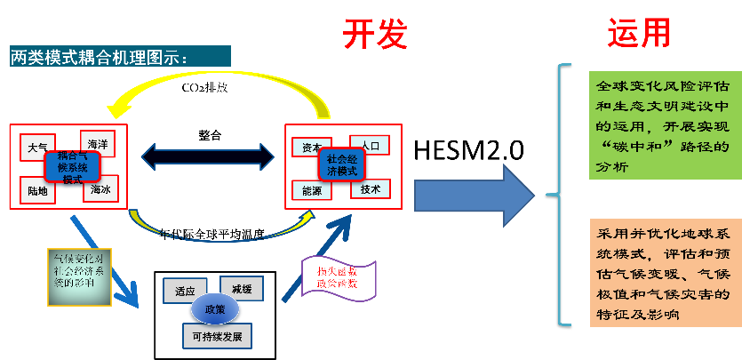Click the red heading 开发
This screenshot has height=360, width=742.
375,33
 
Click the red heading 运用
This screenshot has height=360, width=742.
638,33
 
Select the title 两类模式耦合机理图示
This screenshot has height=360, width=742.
100,58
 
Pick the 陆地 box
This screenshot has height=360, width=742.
37,189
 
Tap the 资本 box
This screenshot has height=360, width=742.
311,148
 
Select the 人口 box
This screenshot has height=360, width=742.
369,142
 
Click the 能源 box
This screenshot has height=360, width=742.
311,190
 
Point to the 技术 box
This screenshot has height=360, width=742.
370,188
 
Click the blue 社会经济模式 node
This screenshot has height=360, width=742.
341,165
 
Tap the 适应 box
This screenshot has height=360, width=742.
185,291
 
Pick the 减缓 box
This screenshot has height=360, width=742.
242,288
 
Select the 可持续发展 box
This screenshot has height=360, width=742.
217,337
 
